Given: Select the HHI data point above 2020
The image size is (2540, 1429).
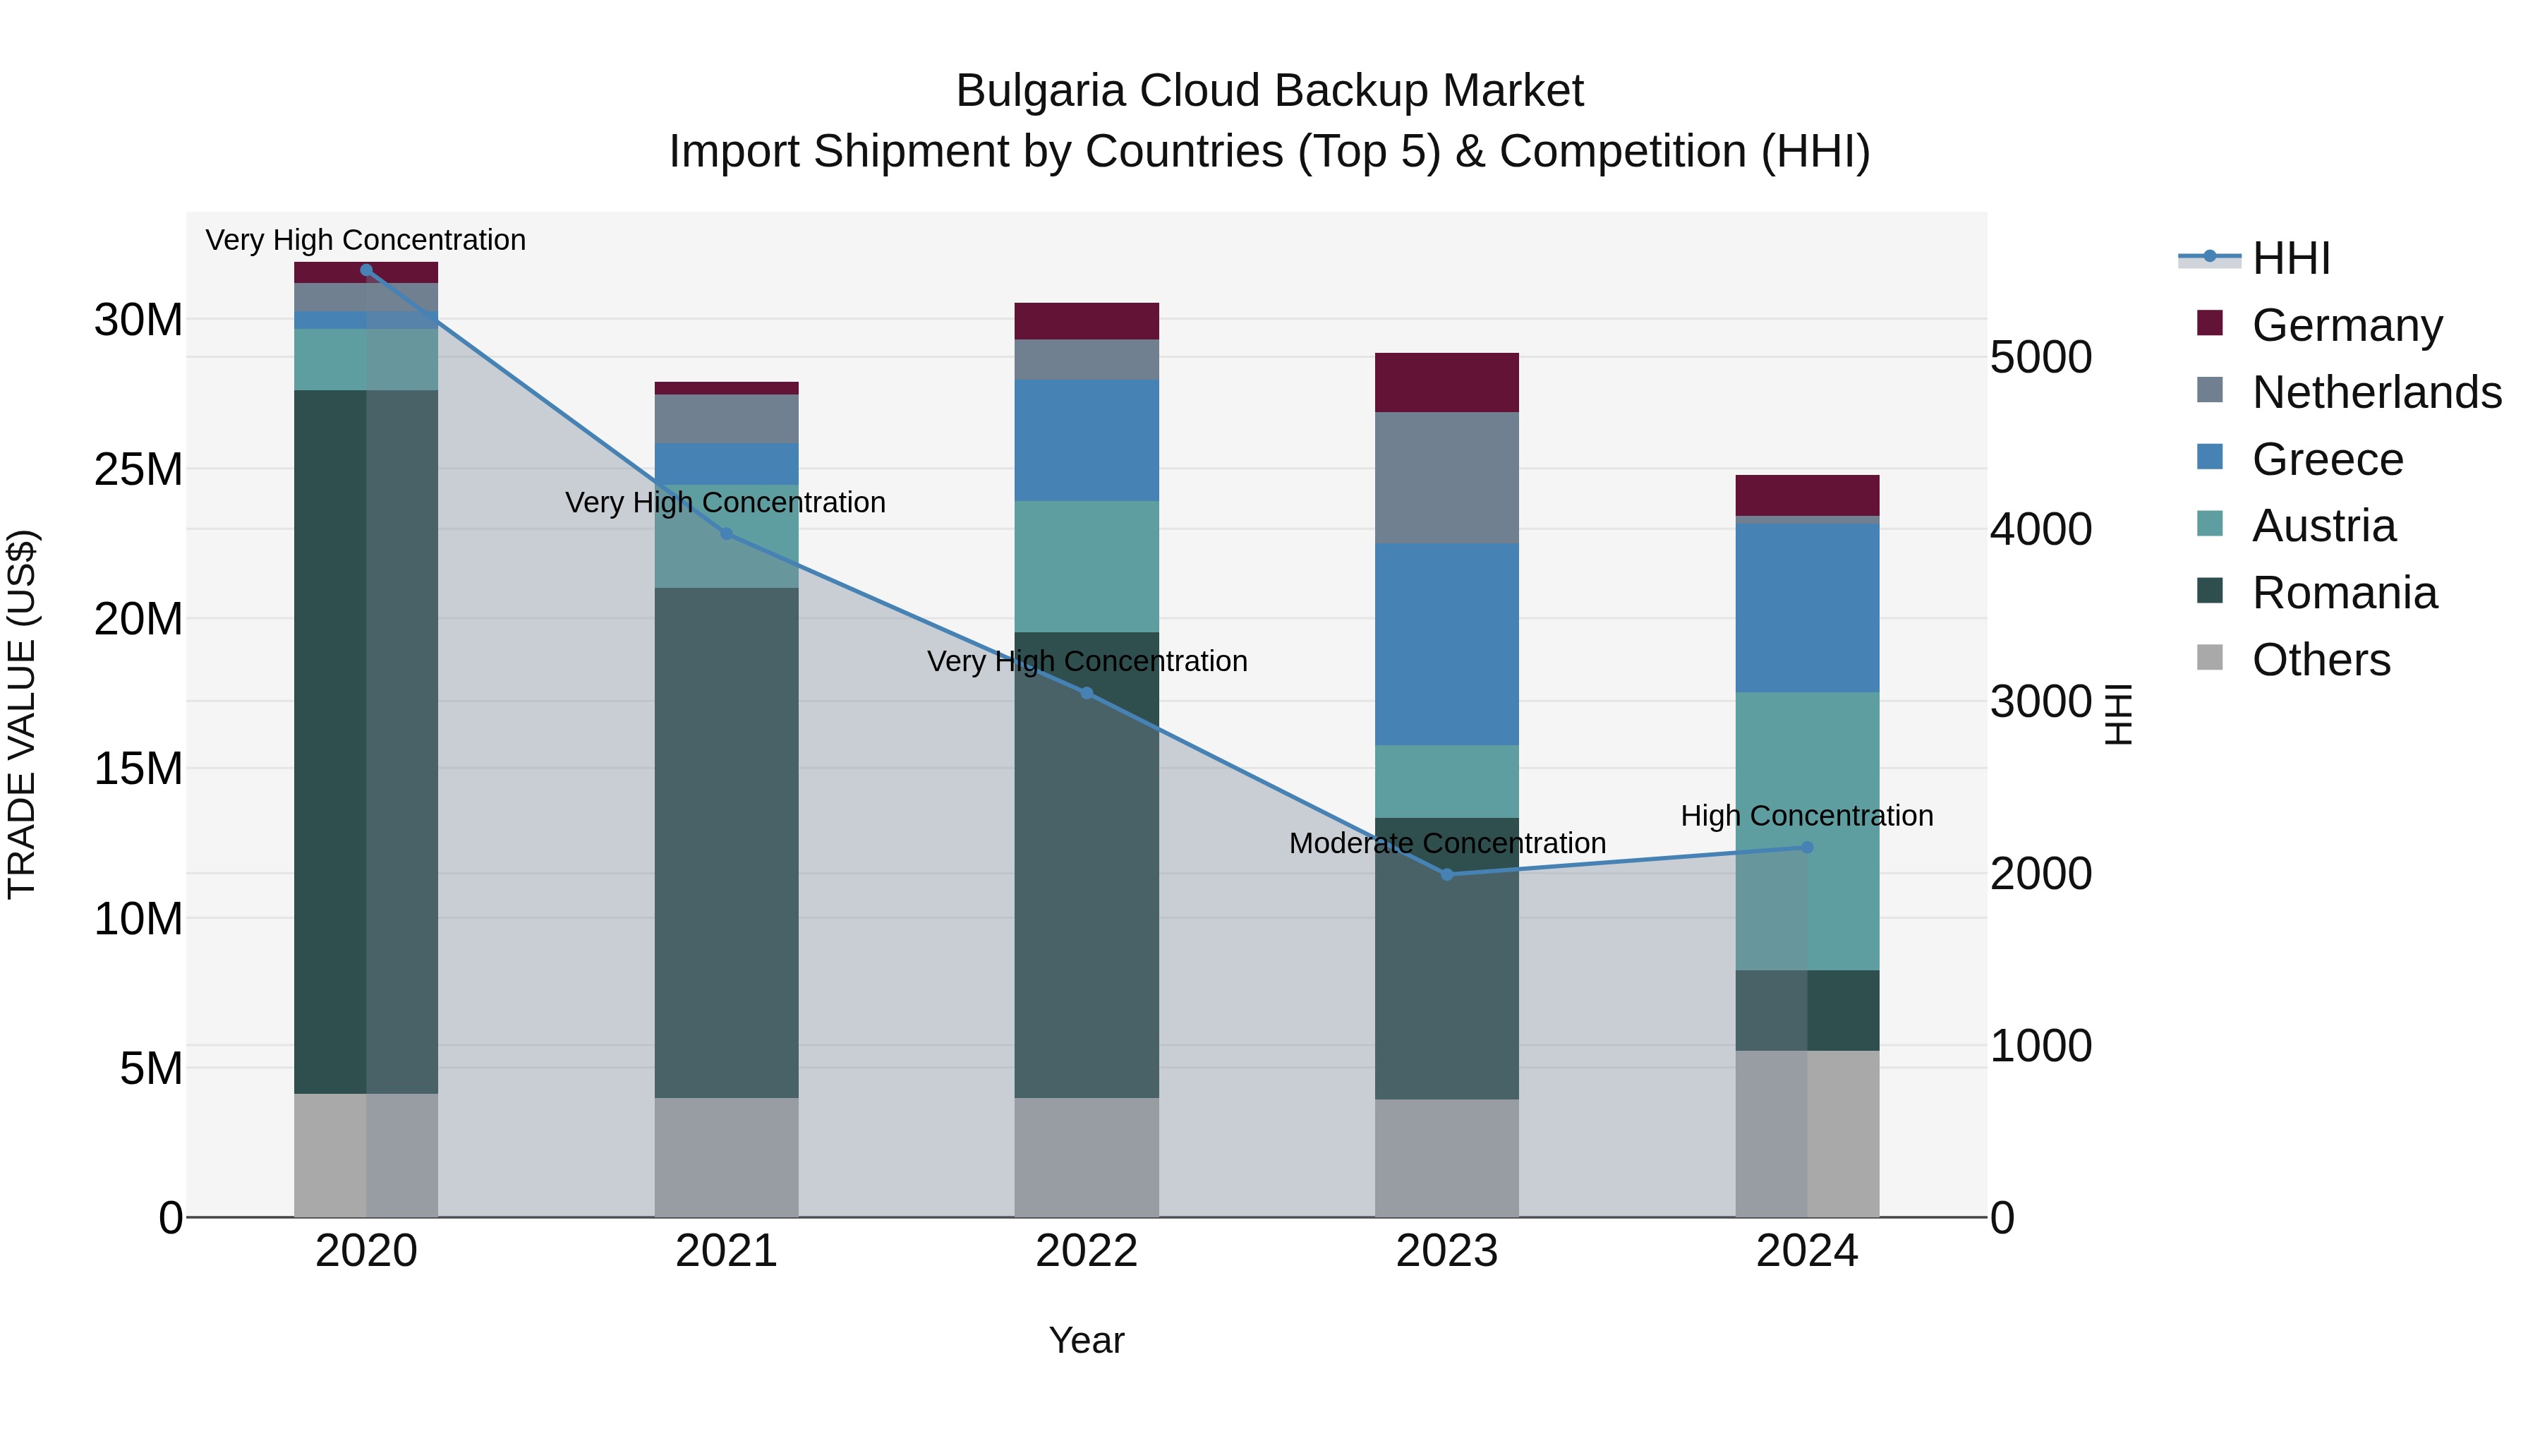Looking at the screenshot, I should (x=365, y=270).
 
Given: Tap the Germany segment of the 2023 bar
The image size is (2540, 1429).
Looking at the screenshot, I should (x=1446, y=382).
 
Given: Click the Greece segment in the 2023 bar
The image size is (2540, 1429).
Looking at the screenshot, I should (x=1446, y=644).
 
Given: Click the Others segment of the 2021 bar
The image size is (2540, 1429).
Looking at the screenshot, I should (x=726, y=1157).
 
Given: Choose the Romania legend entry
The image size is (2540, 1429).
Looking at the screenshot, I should (x=2344, y=593).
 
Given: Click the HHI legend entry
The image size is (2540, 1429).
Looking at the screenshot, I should (x=2290, y=258).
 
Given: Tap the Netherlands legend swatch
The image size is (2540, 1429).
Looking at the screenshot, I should (x=2210, y=390).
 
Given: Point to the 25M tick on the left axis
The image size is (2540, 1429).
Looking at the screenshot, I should (x=138, y=469).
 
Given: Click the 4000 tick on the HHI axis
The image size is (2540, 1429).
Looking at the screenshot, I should (x=2040, y=529).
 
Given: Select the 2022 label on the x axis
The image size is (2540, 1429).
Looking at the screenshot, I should (x=1087, y=1251).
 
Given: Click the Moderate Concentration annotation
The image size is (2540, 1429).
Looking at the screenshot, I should (x=1446, y=843).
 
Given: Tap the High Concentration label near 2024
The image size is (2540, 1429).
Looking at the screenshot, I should (x=1806, y=816).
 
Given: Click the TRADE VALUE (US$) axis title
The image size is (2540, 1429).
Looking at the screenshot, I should (x=22, y=714).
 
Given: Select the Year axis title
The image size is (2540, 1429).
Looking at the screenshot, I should (x=1087, y=1340).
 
